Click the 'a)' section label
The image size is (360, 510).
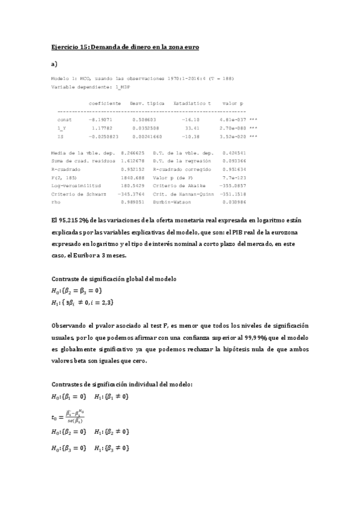point(54,63)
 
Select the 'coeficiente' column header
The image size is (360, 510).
point(104,103)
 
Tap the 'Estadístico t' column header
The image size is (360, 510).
point(192,103)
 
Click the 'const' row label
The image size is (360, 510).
point(64,120)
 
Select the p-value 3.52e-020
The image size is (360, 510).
point(233,136)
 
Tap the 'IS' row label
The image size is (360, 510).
point(60,136)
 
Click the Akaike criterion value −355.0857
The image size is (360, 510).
point(233,186)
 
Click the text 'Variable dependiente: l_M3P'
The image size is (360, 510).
point(90,87)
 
